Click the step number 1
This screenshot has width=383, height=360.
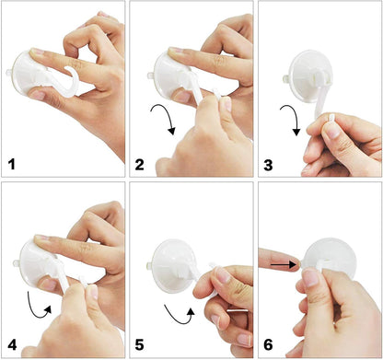coord(12,164)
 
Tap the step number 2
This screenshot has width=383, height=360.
coord(139,165)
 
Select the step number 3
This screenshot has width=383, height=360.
coord(268,165)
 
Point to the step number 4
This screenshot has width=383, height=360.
coord(12,345)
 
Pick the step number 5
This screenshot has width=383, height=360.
coord(139,345)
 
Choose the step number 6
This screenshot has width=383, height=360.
coord(268,345)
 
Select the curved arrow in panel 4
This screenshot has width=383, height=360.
coord(36,310)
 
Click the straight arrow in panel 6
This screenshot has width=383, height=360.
coord(284,264)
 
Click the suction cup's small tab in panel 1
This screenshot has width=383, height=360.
coord(8,73)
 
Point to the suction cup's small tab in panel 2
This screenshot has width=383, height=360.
coord(151,75)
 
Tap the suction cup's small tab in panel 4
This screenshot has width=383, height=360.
coord(17,263)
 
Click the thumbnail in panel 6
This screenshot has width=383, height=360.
coord(310,278)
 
